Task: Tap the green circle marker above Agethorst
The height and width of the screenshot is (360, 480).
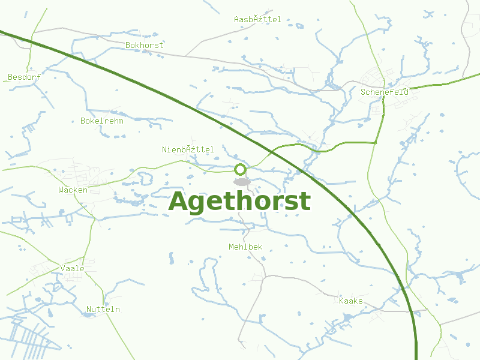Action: [241, 169]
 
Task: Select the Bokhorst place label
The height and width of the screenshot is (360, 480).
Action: [144, 45]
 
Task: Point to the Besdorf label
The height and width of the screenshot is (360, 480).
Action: [24, 77]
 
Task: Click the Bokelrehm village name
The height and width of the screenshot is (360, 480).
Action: [102, 121]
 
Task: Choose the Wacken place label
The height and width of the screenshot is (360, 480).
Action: [73, 190]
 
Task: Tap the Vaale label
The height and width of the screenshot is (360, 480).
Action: [73, 268]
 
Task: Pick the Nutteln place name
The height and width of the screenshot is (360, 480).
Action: [103, 310]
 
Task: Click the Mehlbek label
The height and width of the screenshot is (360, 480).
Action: [245, 247]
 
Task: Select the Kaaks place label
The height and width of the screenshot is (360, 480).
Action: [351, 301]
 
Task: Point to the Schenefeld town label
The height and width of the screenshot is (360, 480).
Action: [385, 92]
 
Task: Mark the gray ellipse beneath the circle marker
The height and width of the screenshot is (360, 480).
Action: [241, 181]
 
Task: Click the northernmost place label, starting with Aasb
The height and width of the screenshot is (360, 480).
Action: [257, 20]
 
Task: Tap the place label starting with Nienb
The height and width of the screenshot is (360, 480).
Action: [188, 149]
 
